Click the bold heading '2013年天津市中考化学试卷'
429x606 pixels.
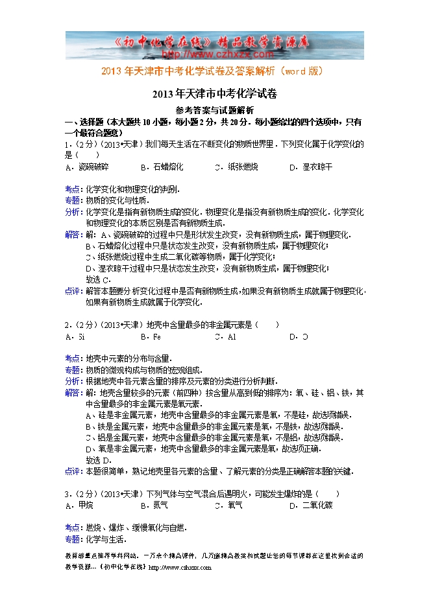(x=215, y=94)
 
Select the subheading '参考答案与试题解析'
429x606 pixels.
(x=215, y=110)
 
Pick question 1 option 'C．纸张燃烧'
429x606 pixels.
(x=236, y=167)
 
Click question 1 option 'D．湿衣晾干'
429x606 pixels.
(x=311, y=167)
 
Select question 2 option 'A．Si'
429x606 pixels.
(x=75, y=336)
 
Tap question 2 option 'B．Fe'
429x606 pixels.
(x=151, y=336)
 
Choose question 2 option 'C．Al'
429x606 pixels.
(x=225, y=336)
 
